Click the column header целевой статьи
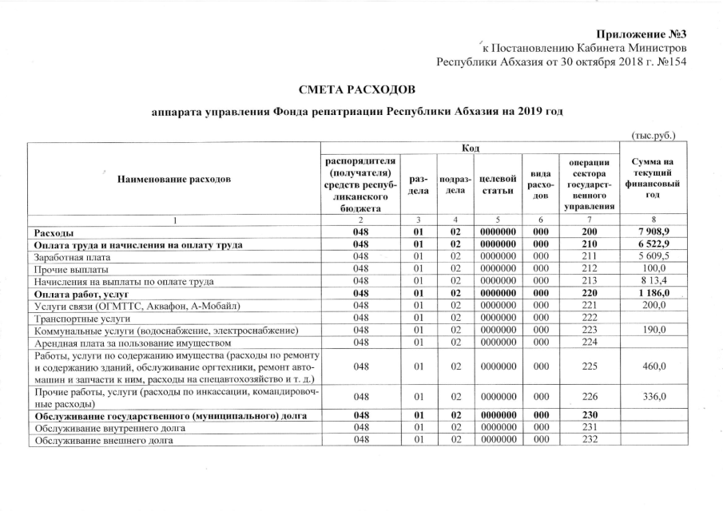tap(497, 180)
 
